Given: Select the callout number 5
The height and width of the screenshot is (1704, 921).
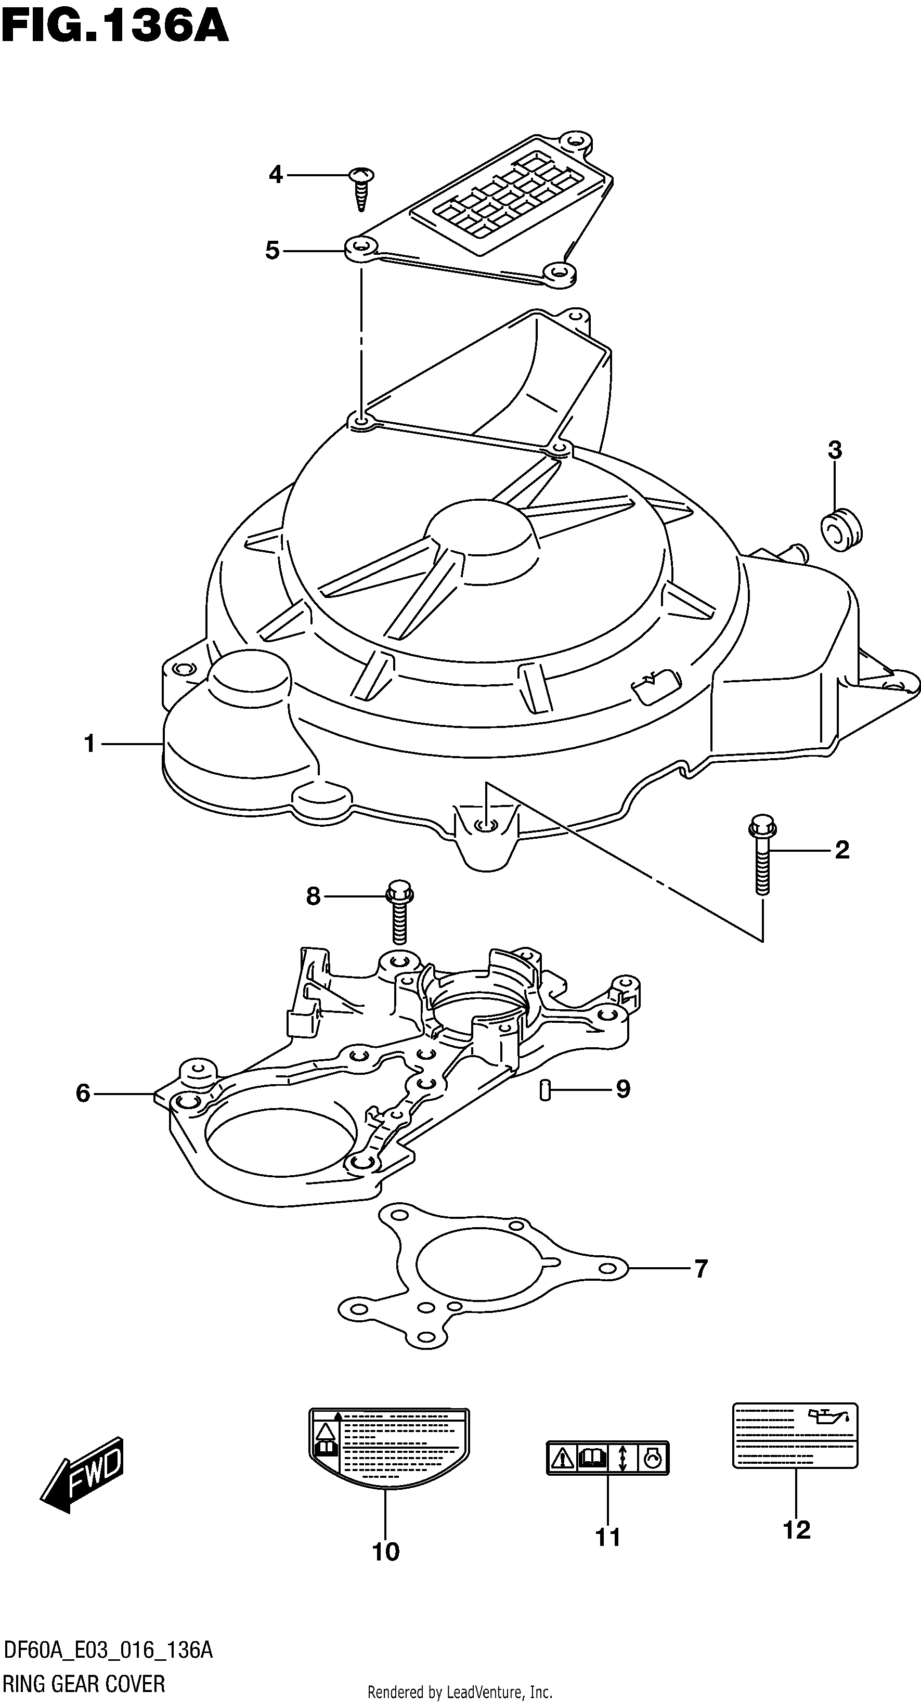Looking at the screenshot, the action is coord(272,251).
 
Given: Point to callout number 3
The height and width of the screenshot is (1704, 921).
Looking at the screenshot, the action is coord(835,450).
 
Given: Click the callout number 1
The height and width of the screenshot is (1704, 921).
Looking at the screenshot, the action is coord(90,744).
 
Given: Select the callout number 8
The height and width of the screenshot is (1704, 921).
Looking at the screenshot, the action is coord(313,897).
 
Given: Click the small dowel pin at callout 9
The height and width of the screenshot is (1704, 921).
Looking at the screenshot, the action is coord(545,1089).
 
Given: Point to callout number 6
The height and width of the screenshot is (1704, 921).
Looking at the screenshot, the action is coord(83,1094).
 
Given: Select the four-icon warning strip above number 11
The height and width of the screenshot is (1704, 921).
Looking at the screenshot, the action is coord(607,1458).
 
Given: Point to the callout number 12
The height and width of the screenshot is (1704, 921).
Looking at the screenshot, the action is coord(797,1530).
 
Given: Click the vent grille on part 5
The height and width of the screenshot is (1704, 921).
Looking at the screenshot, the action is coord(509,196).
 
